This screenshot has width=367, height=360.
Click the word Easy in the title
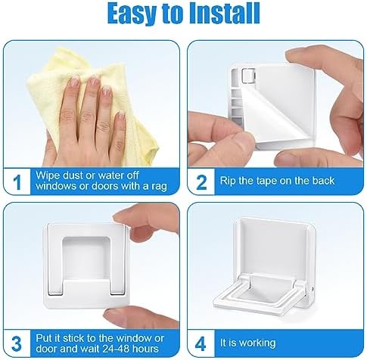click(x=133, y=14)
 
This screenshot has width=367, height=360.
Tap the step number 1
click(x=17, y=182)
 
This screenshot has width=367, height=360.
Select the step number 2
click(x=201, y=182)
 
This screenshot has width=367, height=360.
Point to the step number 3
click(x=17, y=344)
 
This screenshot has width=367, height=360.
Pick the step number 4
click(x=201, y=344)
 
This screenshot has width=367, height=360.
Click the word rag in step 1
click(x=160, y=187)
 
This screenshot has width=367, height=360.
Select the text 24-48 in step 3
click(x=116, y=349)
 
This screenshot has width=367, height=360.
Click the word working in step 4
click(x=257, y=343)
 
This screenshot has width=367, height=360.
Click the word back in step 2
click(x=323, y=181)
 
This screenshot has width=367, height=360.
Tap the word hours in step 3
click(x=145, y=349)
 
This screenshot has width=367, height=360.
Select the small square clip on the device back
click(x=247, y=75)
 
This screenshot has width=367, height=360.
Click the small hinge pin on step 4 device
click(x=313, y=289)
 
